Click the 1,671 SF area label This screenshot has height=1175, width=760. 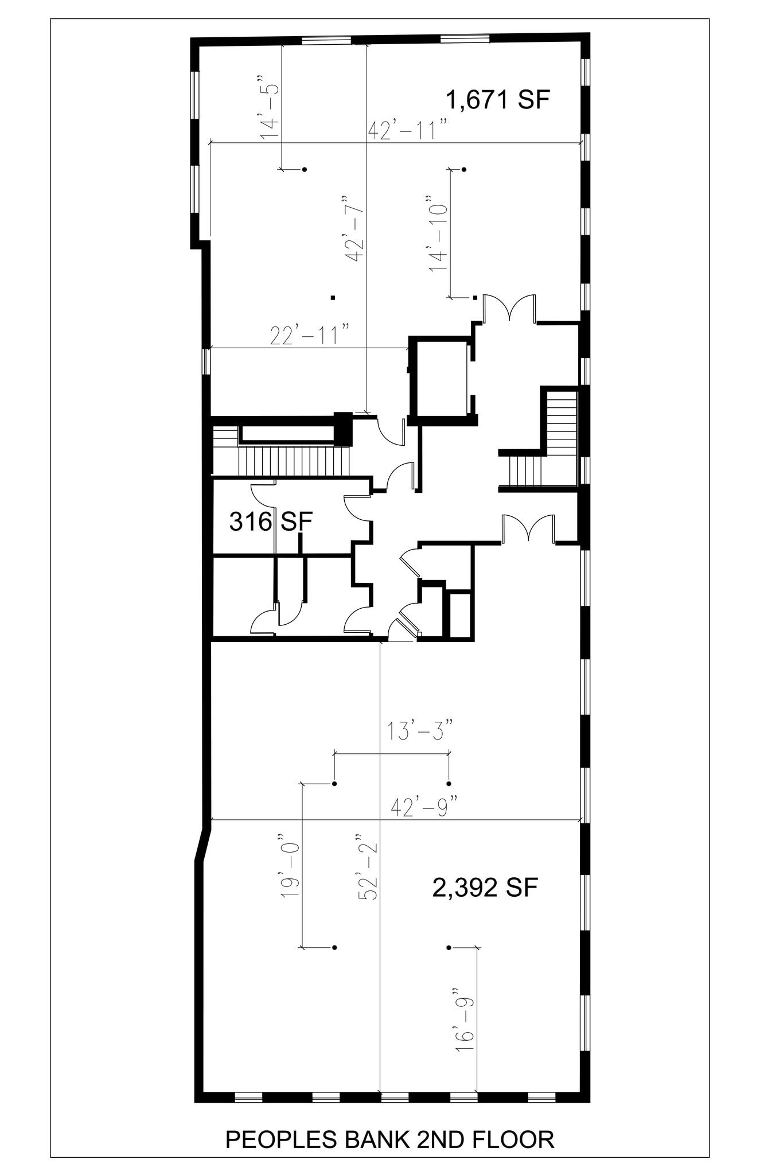(x=498, y=100)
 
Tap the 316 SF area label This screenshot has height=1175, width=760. (x=271, y=522)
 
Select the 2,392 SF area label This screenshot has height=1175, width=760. (x=485, y=888)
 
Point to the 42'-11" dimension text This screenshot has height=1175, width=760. (x=408, y=130)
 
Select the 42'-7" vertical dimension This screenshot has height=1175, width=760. (x=355, y=229)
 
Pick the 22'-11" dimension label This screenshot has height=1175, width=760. (x=310, y=336)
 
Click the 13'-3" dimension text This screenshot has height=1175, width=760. (x=420, y=732)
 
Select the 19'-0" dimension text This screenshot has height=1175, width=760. (x=291, y=865)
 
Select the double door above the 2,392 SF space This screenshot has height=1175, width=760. (x=528, y=529)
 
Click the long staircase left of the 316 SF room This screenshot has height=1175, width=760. (x=293, y=461)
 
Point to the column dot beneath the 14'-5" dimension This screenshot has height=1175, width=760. (x=305, y=169)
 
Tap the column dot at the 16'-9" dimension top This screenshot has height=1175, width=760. (x=449, y=947)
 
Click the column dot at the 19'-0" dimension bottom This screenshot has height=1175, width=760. (x=334, y=947)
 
